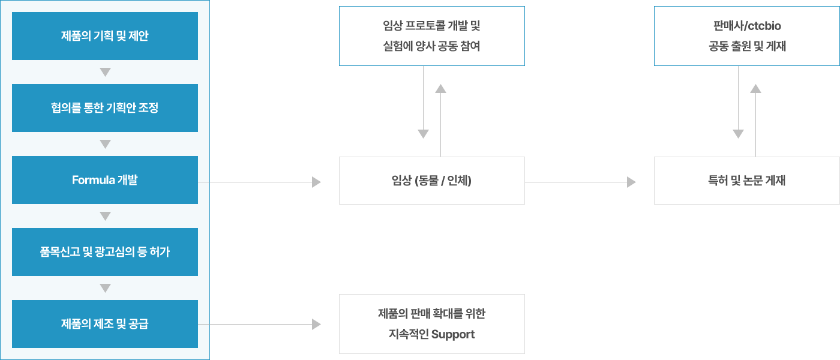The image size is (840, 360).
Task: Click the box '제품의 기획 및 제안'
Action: pos(105,36)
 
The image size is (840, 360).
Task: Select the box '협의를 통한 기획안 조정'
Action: pos(105,108)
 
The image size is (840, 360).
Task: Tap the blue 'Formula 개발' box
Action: pos(105,180)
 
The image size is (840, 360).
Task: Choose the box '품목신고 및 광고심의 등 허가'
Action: pos(105,252)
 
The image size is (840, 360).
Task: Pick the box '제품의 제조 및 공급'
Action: pos(105,324)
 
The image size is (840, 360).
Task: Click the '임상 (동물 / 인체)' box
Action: pos(431,181)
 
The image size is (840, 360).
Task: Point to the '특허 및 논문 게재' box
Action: pos(746,181)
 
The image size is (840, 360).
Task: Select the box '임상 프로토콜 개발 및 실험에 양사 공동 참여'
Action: pos(431,36)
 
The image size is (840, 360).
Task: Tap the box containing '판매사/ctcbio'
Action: pos(746,36)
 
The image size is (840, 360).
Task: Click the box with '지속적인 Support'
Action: pos(431,324)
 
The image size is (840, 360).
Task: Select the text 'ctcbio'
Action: pos(764,26)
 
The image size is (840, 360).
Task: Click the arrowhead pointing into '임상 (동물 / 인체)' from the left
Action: pos(317,182)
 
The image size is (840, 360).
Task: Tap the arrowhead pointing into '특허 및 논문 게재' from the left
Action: pos(631,182)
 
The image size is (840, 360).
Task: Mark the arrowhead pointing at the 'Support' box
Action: pos(317,325)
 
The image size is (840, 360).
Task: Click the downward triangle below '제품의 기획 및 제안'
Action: pos(106,72)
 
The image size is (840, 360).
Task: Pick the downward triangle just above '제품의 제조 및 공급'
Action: pos(106,288)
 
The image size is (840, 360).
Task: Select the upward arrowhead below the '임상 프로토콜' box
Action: pos(441,89)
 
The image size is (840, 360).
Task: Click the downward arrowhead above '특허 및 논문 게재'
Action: pos(738,134)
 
